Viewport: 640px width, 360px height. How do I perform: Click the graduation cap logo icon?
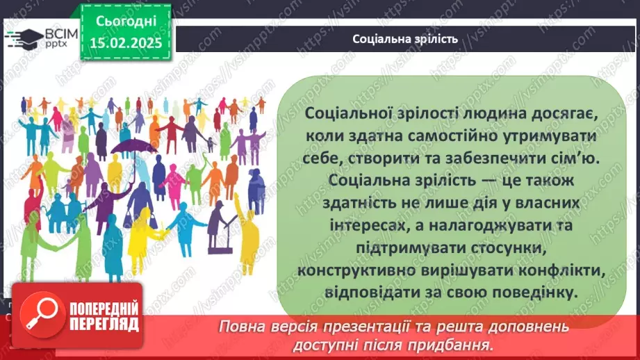23,38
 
